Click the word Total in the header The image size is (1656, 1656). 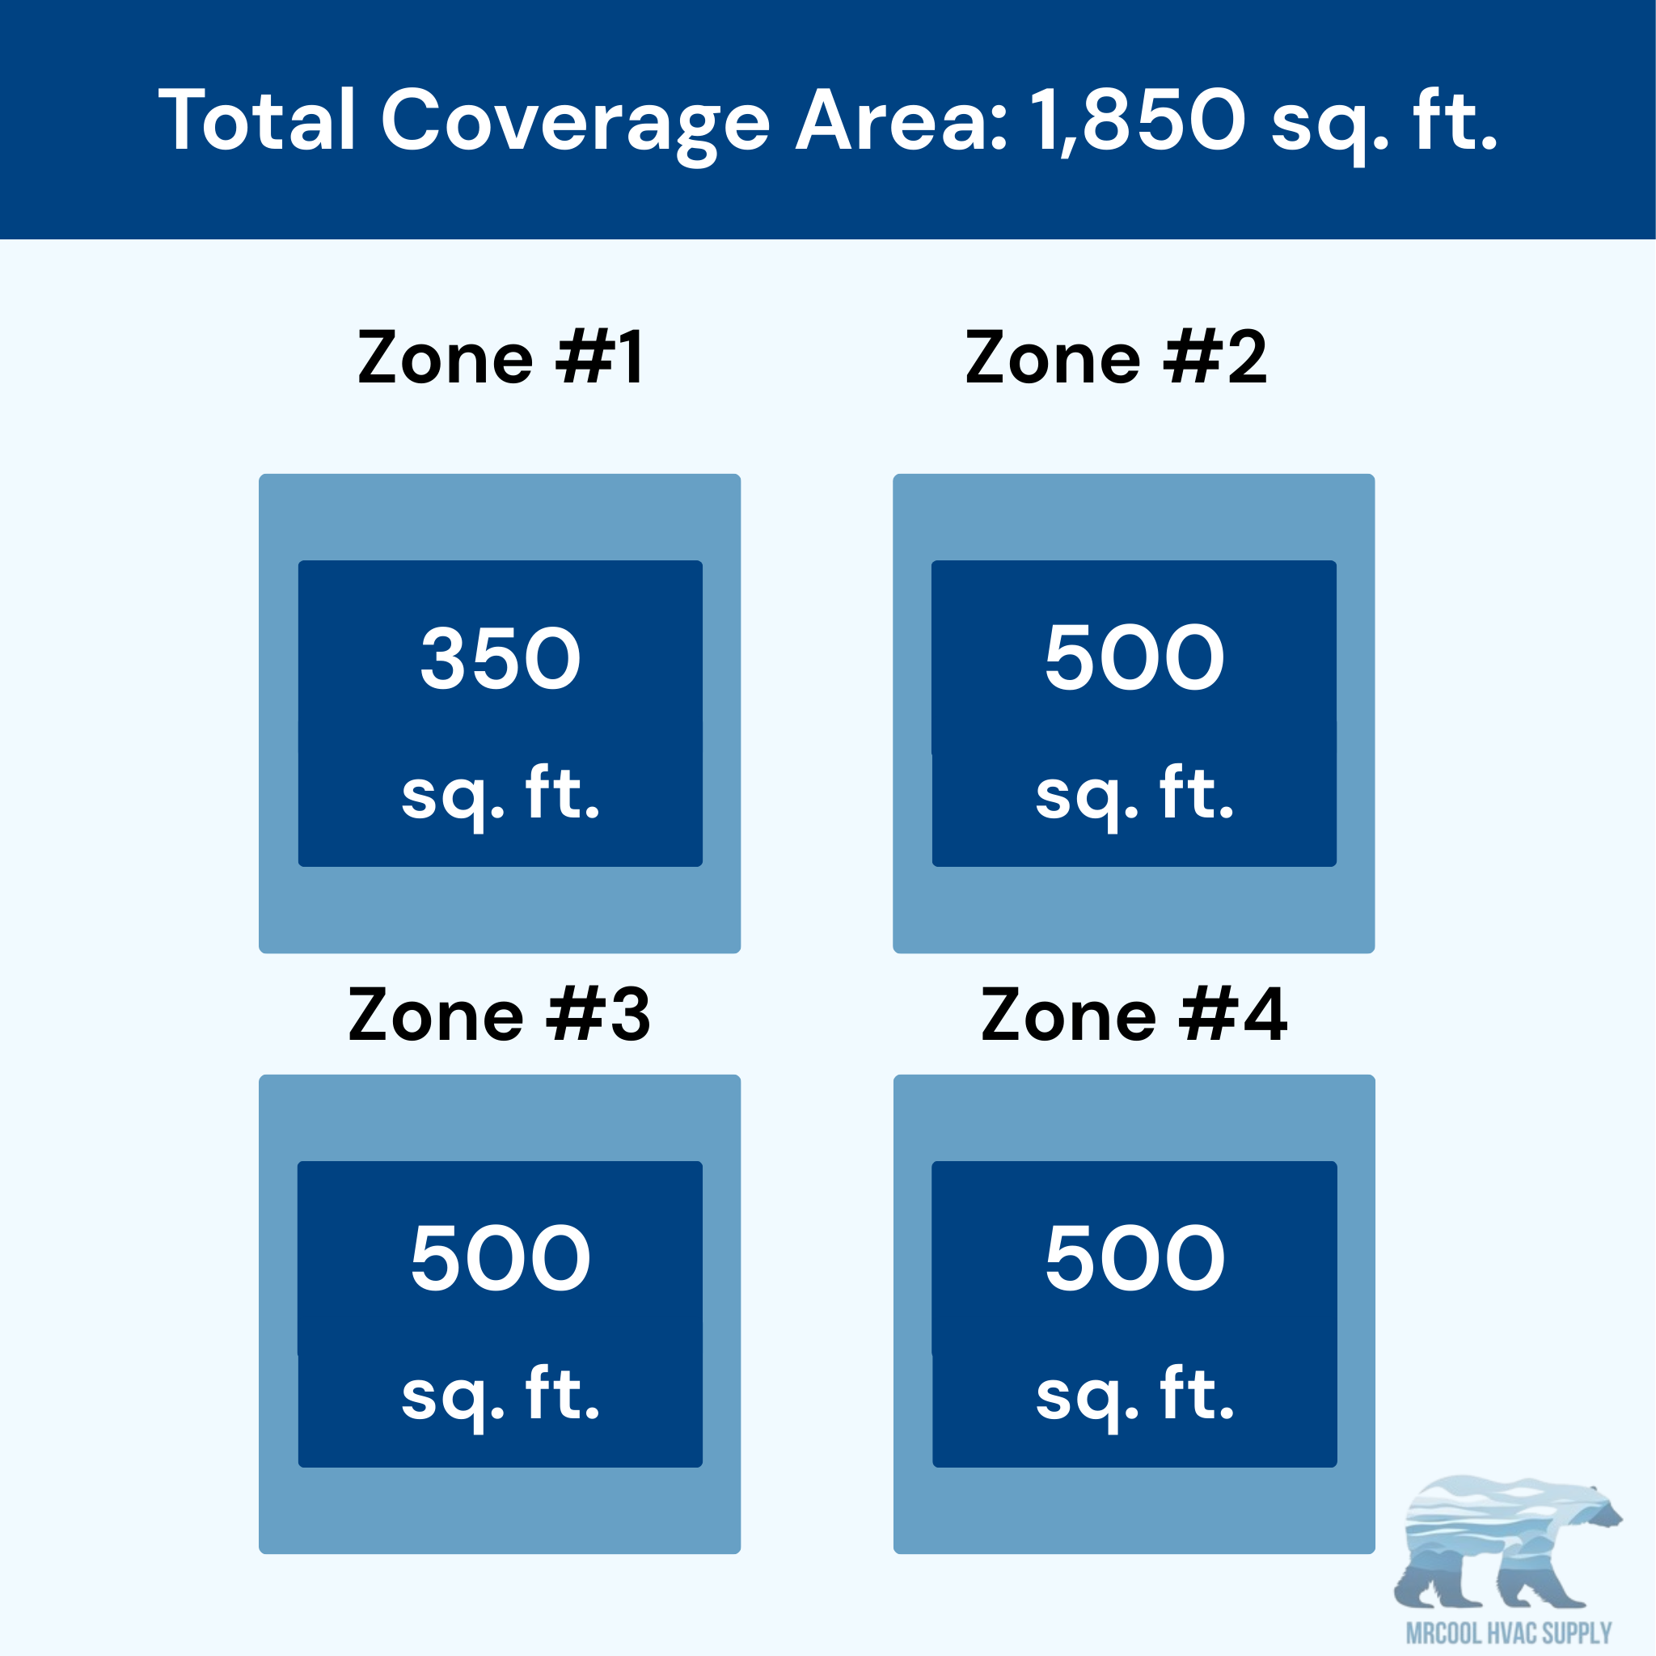tap(256, 119)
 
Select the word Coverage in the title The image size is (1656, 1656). tap(575, 125)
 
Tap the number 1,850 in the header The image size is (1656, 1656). tap(1138, 120)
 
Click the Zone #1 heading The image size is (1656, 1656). tap(500, 357)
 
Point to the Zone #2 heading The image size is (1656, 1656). tap(1116, 357)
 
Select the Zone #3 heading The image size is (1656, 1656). tap(500, 1015)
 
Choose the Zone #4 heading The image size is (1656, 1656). tap(1134, 1015)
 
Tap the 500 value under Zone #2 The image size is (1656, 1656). tap(1134, 657)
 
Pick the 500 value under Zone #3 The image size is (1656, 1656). tap(501, 1257)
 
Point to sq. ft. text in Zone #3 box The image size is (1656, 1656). tap(501, 1398)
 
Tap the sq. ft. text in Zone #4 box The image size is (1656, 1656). tap(1134, 1398)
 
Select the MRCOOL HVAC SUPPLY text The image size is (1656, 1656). tap(1510, 1633)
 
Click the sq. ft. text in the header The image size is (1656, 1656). tap(1384, 125)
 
